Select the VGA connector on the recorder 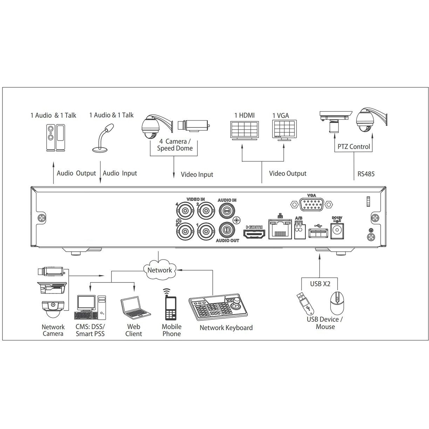point(312,204)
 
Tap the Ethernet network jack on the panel point(280,229)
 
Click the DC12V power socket point(337,231)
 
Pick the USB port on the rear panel point(318,234)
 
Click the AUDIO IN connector point(227,210)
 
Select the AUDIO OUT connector point(227,230)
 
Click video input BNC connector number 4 point(185,210)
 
